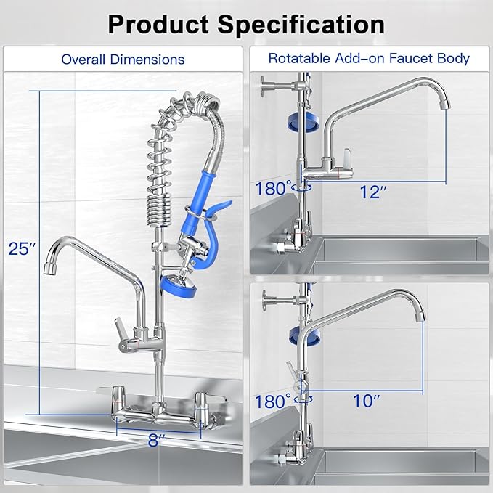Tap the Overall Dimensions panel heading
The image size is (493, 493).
[123, 59]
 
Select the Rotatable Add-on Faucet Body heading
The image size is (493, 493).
[369, 58]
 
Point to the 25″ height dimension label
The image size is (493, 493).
[21, 248]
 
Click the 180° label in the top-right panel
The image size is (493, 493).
[273, 189]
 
